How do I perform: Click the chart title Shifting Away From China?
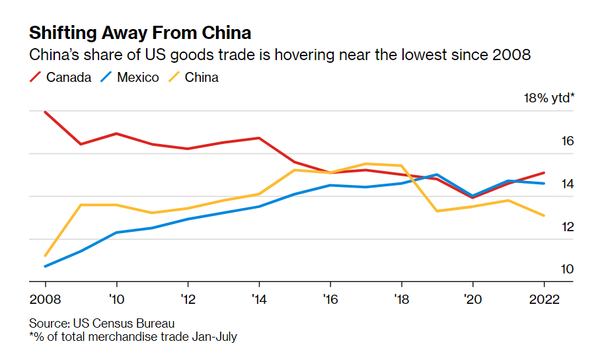pyautogui.click(x=139, y=33)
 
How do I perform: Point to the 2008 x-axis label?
pyautogui.click(x=45, y=299)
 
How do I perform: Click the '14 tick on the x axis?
pyautogui.click(x=258, y=299)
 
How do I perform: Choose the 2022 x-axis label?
pyautogui.click(x=543, y=299)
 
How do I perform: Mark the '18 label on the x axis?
pyautogui.click(x=400, y=299)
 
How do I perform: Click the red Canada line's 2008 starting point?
pyautogui.click(x=45, y=112)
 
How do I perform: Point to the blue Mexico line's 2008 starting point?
pyautogui.click(x=45, y=266)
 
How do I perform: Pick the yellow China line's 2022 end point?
pyautogui.click(x=543, y=215)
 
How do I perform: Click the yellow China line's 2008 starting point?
pyautogui.click(x=45, y=256)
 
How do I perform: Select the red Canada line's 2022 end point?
pyautogui.click(x=543, y=172)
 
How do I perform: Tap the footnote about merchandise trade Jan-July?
pyautogui.click(x=133, y=337)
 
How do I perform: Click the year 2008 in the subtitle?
pyautogui.click(x=511, y=55)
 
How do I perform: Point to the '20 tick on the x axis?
pyautogui.click(x=472, y=299)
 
